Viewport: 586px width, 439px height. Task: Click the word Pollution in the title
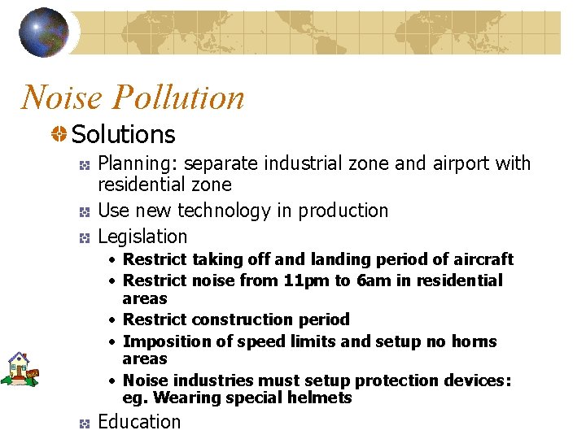[178, 98]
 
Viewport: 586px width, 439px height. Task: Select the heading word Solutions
[123, 134]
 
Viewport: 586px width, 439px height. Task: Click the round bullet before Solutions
[59, 134]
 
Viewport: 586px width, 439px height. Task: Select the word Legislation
[142, 237]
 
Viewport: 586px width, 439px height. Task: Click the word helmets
[320, 398]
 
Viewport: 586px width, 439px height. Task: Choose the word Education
[139, 422]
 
